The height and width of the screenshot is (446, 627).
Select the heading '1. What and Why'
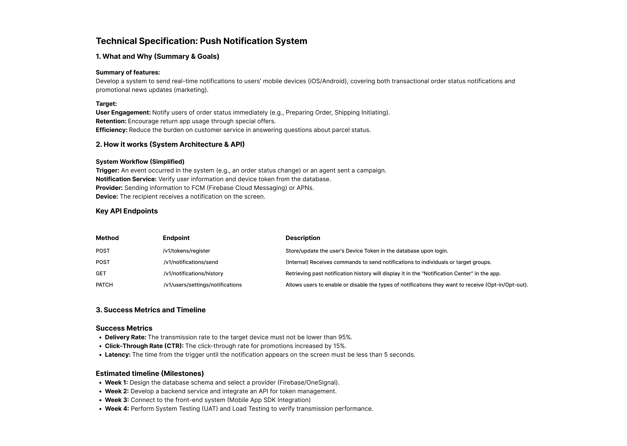(x=157, y=57)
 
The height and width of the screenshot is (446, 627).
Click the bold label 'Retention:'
(x=111, y=121)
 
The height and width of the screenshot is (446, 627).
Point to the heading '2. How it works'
(x=170, y=144)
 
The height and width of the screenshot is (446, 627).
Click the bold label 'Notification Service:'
(x=126, y=179)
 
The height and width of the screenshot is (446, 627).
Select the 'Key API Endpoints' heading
(x=126, y=211)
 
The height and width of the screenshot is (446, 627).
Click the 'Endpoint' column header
(x=176, y=238)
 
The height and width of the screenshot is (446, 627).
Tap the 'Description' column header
(x=303, y=238)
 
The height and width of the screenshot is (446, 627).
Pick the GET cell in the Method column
(x=101, y=274)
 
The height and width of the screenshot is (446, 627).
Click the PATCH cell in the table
(x=104, y=285)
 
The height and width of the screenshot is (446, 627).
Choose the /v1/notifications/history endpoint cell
(x=193, y=274)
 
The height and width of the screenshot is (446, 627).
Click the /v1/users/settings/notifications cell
(x=203, y=285)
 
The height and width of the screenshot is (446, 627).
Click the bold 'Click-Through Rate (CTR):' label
(x=144, y=346)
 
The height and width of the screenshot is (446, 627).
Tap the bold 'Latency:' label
(x=118, y=355)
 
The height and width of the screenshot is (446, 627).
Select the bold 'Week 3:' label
(x=117, y=400)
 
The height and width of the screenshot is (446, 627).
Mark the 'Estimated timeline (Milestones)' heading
(x=150, y=373)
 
